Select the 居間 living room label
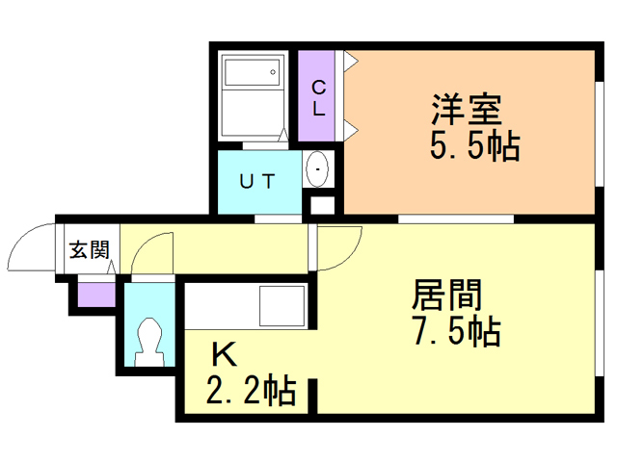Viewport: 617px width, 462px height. (447, 294)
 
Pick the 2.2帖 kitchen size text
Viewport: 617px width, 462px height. (250, 392)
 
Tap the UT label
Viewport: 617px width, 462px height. (257, 180)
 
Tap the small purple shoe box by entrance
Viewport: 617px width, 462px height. (94, 291)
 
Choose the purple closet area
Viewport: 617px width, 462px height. (319, 97)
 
